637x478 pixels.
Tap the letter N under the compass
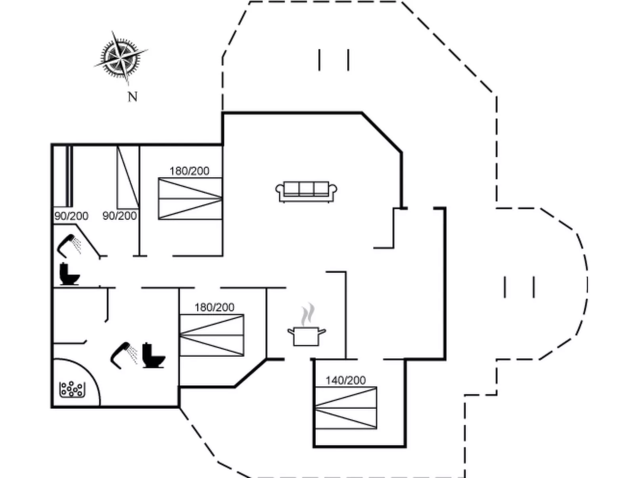132,96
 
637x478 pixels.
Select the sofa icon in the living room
306,192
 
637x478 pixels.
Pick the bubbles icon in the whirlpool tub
72,389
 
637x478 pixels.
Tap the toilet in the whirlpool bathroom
153,356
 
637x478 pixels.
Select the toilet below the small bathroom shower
69,274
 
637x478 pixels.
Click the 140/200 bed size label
345,380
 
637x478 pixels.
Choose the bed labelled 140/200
345,408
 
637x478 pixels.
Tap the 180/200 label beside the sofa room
189,171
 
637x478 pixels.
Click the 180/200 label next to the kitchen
214,307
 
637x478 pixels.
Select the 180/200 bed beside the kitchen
211,335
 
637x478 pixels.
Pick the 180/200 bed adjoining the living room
190,198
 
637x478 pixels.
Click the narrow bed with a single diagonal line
128,177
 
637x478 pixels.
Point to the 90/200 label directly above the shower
71,216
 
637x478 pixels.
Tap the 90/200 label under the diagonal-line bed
119,216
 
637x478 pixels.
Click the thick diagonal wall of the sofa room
382,132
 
